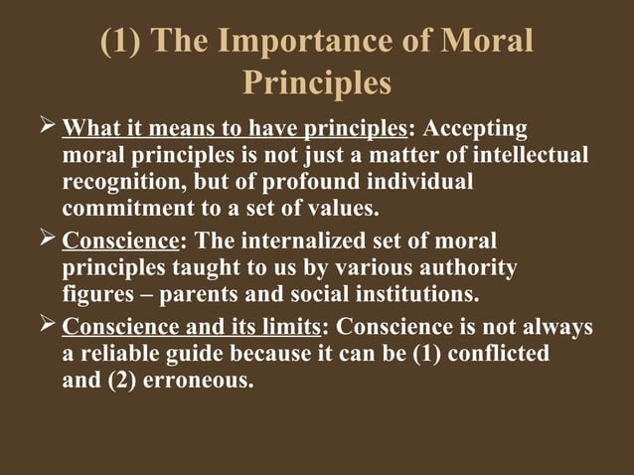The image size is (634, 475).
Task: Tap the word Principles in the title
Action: [317, 84]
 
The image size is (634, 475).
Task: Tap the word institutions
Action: [411, 295]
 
